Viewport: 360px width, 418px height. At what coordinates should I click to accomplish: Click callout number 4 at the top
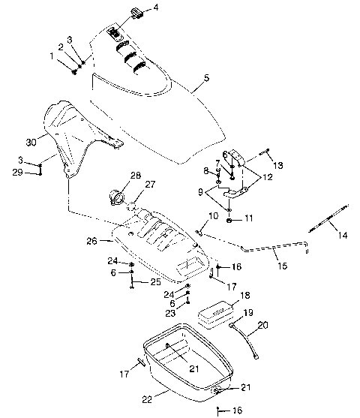156,8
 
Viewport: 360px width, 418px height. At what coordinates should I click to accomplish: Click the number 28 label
135,176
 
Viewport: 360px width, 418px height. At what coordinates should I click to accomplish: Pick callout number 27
150,185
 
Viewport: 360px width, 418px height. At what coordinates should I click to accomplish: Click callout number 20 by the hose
262,326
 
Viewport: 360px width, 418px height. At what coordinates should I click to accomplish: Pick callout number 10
213,215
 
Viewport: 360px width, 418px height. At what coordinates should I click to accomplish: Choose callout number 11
249,218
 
